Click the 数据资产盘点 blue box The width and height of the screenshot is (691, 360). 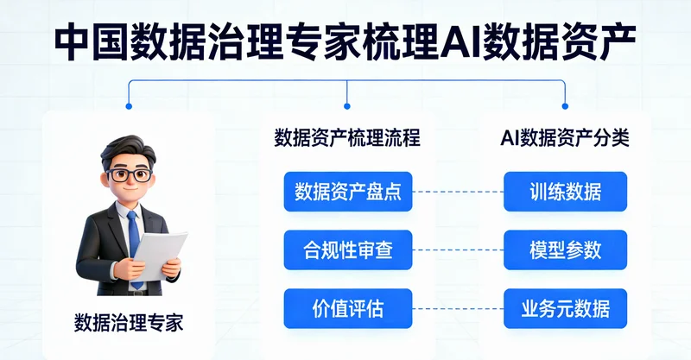click(x=348, y=192)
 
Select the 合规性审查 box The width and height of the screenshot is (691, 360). click(x=348, y=250)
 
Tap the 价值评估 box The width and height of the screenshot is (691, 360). click(x=348, y=308)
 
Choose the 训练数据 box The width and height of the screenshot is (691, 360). click(x=565, y=192)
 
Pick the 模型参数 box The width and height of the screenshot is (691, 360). click(x=565, y=250)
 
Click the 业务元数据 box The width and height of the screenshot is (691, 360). click(x=565, y=308)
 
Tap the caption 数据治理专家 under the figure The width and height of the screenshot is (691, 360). click(x=129, y=324)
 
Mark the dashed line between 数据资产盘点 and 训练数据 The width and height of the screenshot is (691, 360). click(x=458, y=192)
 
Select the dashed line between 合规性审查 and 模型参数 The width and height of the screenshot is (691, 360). click(x=458, y=250)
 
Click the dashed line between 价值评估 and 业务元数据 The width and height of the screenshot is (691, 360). click(x=458, y=308)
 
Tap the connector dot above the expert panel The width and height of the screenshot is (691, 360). click(x=129, y=106)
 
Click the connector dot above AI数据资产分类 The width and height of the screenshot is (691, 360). click(x=565, y=106)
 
